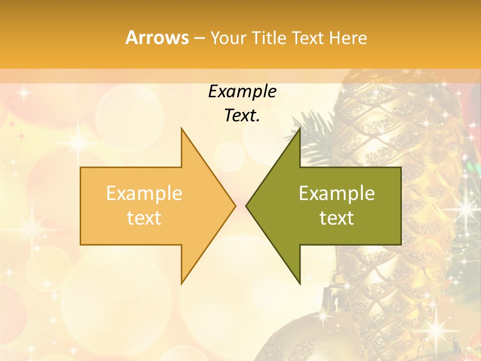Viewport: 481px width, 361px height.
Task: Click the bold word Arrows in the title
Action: (x=157, y=38)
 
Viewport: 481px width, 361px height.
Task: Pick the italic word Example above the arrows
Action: (x=243, y=92)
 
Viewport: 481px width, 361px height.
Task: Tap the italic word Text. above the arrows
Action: (x=243, y=116)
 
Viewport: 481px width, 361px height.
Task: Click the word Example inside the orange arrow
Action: (x=144, y=194)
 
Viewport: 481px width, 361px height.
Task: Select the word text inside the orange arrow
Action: (x=144, y=218)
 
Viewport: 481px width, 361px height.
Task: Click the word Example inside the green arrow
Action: (x=337, y=194)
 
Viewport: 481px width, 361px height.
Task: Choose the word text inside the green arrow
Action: (x=337, y=218)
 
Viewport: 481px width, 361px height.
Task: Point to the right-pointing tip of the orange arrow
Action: (x=234, y=206)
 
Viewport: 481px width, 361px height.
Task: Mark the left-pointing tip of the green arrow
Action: (x=247, y=206)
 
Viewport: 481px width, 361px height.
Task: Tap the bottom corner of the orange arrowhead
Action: (x=182, y=283)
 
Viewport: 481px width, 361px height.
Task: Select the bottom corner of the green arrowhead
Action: (x=300, y=283)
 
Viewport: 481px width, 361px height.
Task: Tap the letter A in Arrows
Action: (x=131, y=38)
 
